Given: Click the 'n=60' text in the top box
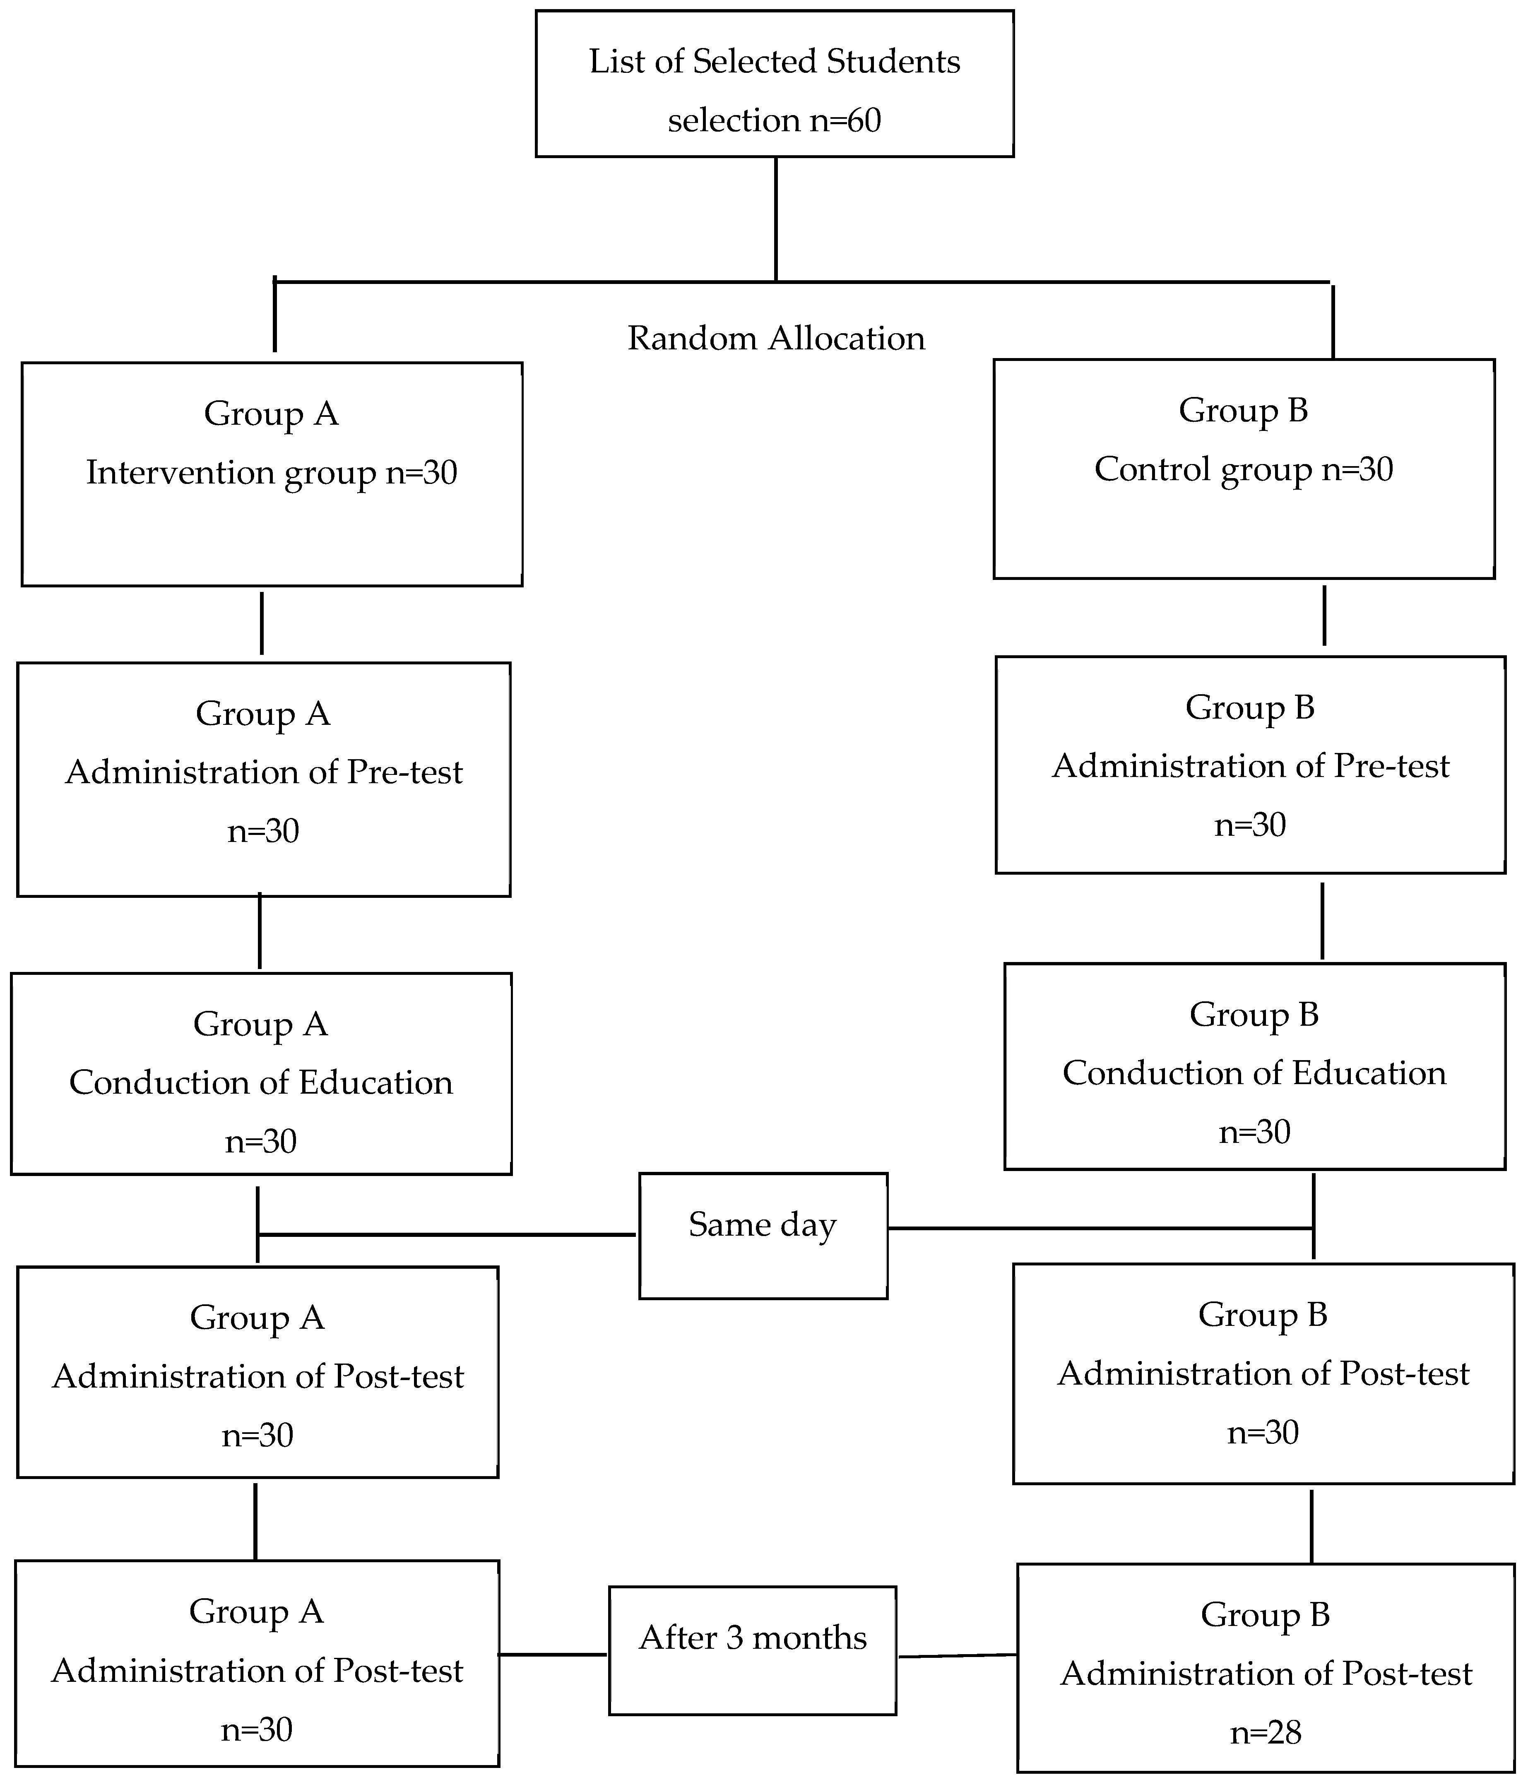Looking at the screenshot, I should pyautogui.click(x=845, y=120).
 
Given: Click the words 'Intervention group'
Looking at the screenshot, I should pyautogui.click(x=231, y=473).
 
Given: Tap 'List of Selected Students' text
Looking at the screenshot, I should pyautogui.click(x=774, y=61).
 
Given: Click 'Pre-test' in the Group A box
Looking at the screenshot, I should pyautogui.click(x=404, y=772).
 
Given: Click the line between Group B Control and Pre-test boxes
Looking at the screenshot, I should pyautogui.click(x=1323, y=616).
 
